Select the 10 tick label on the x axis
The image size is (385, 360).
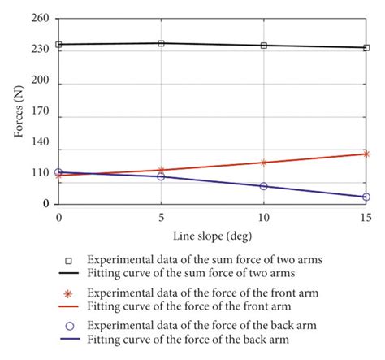pos(262,219)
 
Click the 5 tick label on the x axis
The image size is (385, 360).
pos(161,219)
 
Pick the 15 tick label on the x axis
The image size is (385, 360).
pos(365,219)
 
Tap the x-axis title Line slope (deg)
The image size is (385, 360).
pos(211,236)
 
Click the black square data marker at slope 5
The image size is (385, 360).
pos(161,43)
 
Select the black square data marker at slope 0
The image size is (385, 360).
pos(58,45)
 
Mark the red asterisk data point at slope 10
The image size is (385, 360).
pos(263,163)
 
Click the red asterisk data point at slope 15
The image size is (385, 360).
pos(366,154)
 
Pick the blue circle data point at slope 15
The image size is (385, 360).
pos(366,197)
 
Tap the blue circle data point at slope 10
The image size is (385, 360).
pos(263,186)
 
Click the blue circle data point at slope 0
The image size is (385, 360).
pos(58,172)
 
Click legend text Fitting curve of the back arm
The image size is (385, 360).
pos(188,340)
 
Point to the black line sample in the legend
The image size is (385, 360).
pos(69,274)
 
